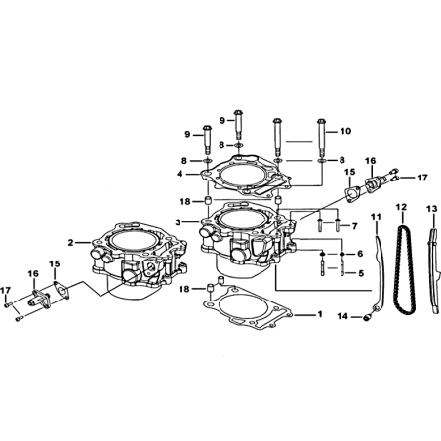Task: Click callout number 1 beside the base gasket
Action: tap(320, 314)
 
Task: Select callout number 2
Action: tap(70, 243)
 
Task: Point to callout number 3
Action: tap(178, 222)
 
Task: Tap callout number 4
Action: tap(180, 174)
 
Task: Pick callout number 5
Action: tap(361, 273)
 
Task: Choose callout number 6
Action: tap(360, 254)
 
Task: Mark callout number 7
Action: tap(355, 225)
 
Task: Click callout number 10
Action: tap(345, 131)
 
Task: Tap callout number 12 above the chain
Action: tap(401, 207)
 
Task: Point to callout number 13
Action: tap(432, 209)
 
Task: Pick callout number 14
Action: tap(342, 316)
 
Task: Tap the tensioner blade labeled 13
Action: tap(433, 270)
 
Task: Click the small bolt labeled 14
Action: tap(367, 317)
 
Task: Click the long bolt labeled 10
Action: tap(321, 138)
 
